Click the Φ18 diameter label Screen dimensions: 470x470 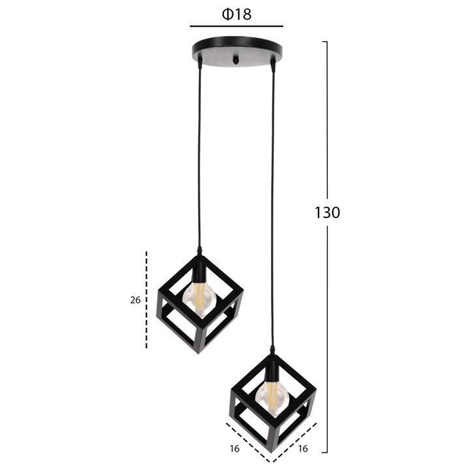(x=236, y=14)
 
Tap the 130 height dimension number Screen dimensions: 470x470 (x=327, y=213)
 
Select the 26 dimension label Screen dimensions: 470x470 (x=135, y=300)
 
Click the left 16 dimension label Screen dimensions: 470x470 (x=235, y=448)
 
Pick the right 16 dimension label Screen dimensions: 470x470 (x=303, y=448)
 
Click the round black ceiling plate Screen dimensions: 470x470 (x=237, y=51)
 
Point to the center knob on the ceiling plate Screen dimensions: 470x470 (x=237, y=59)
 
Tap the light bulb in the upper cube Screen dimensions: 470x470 (x=199, y=300)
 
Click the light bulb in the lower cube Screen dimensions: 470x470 (x=272, y=398)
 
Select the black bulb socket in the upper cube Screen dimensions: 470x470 (x=198, y=272)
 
